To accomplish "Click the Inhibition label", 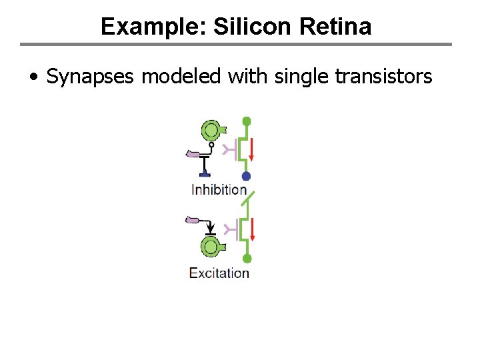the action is tap(219, 189).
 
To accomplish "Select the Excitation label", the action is tap(219, 273).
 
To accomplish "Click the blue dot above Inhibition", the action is tap(246, 177).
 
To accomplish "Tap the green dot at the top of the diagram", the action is tap(247, 121).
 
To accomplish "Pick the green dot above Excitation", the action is tap(247, 259).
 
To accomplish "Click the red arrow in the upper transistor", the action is tap(253, 150).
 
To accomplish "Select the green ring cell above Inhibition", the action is tap(211, 130).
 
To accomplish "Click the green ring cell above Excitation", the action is tap(211, 248).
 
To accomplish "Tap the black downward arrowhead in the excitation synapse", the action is tap(211, 227).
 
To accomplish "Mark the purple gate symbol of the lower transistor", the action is tap(231, 230).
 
